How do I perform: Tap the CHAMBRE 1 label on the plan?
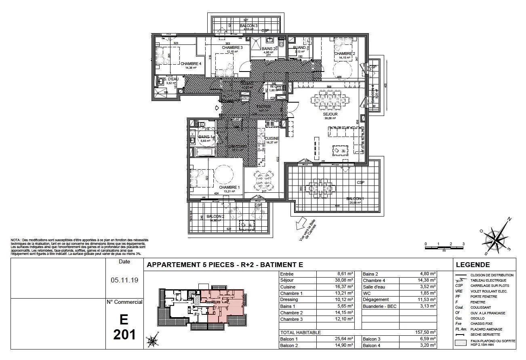pos(229,187)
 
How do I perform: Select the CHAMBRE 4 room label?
pos(191,64)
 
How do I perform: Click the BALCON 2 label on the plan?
pos(215,217)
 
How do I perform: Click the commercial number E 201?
pos(124,327)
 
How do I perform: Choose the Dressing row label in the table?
pos(289,300)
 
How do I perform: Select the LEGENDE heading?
pos(473,265)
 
